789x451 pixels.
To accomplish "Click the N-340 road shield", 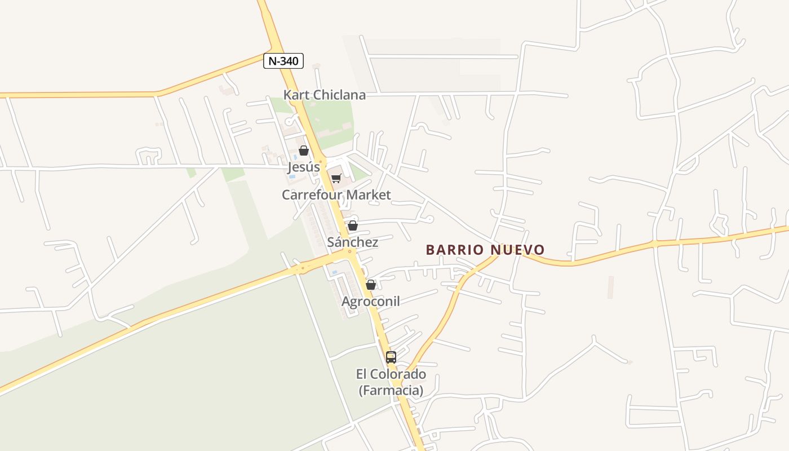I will click(283, 61).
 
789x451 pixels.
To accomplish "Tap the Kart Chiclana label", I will click(324, 95).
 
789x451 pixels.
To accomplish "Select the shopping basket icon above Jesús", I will click(304, 151).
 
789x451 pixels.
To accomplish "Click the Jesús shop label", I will click(304, 167).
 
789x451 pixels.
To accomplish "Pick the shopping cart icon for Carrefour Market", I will click(336, 179).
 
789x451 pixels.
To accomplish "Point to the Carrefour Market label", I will click(336, 194).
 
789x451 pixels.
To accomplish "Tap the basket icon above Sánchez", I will click(353, 226).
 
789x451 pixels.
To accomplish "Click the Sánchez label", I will click(353, 242).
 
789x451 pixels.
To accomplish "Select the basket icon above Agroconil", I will click(371, 285).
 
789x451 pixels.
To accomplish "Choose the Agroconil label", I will click(371, 301).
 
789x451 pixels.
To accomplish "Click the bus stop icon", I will click(391, 357).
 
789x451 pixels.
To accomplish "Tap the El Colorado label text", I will click(391, 374).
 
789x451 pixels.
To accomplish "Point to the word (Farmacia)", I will click(391, 390).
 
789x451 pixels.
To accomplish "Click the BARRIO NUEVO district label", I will click(485, 250).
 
